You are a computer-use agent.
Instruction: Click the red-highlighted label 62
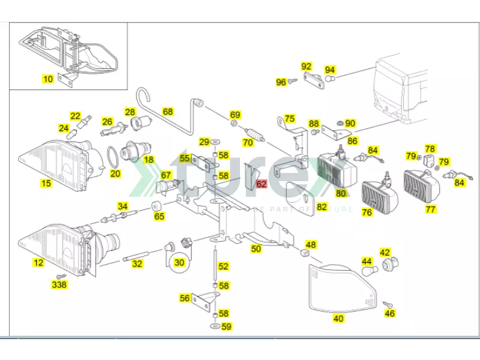pyautogui.click(x=262, y=184)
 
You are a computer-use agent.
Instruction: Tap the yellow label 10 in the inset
pyautogui.click(x=48, y=79)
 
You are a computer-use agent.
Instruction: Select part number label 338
pyautogui.click(x=59, y=284)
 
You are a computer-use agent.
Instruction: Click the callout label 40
pyautogui.click(x=338, y=319)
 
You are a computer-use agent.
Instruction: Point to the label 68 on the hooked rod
pyautogui.click(x=167, y=112)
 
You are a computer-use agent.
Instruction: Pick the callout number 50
pyautogui.click(x=256, y=248)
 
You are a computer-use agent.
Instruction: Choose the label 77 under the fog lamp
pyautogui.click(x=430, y=209)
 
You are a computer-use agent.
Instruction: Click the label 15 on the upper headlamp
pyautogui.click(x=46, y=183)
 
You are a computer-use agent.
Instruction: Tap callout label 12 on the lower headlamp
pyautogui.click(x=38, y=262)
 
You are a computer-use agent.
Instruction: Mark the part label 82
pyautogui.click(x=322, y=207)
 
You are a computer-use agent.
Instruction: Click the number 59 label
pyautogui.click(x=226, y=327)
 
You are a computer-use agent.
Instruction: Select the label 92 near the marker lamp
pyautogui.click(x=307, y=66)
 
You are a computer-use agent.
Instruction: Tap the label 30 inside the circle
pyautogui.click(x=179, y=262)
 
